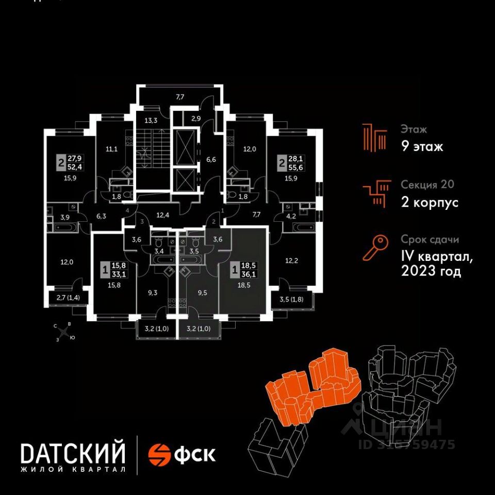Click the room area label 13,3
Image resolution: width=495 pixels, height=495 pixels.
(x=151, y=121)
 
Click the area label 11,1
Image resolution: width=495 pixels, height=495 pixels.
(x=112, y=150)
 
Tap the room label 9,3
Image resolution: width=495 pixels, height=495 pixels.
(x=152, y=292)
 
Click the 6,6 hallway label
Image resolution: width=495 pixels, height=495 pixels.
(x=210, y=159)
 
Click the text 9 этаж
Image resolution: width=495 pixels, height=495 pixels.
(x=422, y=147)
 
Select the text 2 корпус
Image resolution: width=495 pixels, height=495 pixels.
(x=430, y=202)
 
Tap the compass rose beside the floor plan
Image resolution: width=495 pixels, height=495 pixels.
(x=64, y=331)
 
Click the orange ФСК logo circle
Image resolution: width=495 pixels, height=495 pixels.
(x=159, y=454)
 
